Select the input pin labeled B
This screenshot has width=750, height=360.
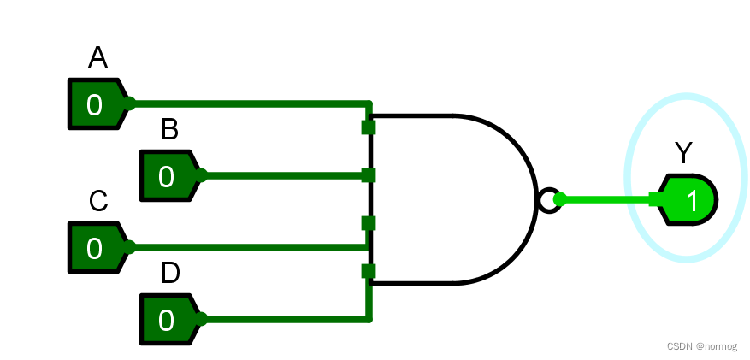[x=168, y=176]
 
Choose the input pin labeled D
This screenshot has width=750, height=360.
[x=168, y=320]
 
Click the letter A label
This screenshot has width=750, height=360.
[x=98, y=58]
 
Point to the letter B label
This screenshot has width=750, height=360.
[x=170, y=130]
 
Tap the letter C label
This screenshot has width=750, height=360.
[x=98, y=202]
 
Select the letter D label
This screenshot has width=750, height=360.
[x=170, y=274]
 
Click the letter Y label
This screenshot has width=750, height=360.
[x=683, y=154]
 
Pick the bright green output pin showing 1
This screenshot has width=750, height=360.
[x=689, y=200]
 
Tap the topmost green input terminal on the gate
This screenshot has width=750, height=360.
[x=369, y=127]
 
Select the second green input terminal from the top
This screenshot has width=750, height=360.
[x=369, y=175]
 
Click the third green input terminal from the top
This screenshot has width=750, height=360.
[x=369, y=223]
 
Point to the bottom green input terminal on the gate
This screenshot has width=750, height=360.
[x=369, y=272]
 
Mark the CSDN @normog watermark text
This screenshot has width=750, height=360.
[x=701, y=346]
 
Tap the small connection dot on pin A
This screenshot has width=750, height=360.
[x=130, y=104]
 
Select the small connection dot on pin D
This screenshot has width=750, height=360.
[x=202, y=320]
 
